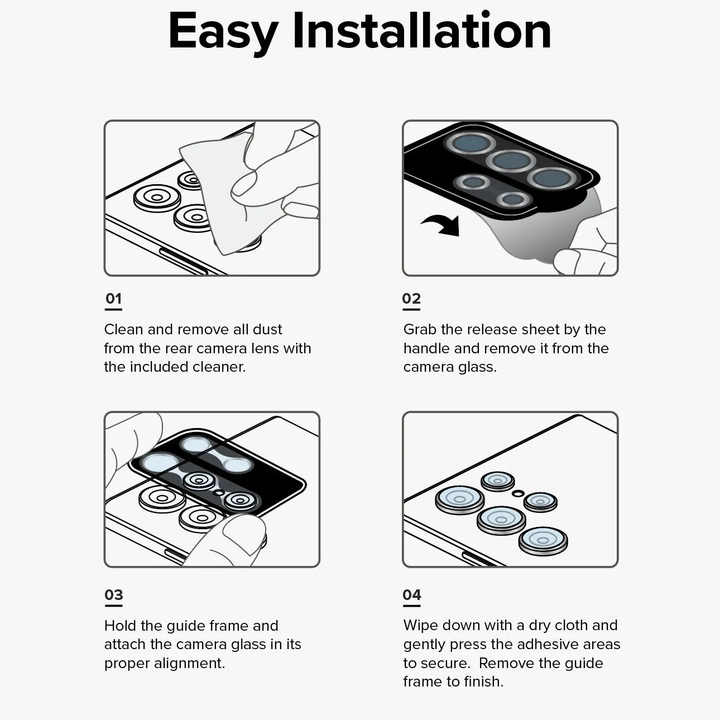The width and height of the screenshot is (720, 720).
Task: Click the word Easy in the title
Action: (x=222, y=31)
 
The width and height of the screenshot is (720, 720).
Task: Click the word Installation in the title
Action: (x=421, y=31)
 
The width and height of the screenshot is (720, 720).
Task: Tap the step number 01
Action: (x=113, y=299)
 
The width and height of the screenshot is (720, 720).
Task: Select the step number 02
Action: (x=411, y=299)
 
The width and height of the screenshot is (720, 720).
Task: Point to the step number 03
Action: (x=113, y=595)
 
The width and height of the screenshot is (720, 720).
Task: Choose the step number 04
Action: (x=411, y=595)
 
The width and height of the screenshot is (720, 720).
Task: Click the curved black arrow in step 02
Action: (x=442, y=225)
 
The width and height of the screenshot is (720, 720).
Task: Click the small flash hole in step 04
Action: (x=518, y=493)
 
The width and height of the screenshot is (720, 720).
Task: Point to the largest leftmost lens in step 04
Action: (x=460, y=498)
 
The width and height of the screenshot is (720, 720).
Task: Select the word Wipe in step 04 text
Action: (x=420, y=625)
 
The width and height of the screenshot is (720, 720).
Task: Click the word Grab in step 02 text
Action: (x=420, y=329)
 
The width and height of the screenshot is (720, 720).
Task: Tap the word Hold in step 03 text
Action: (x=120, y=626)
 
